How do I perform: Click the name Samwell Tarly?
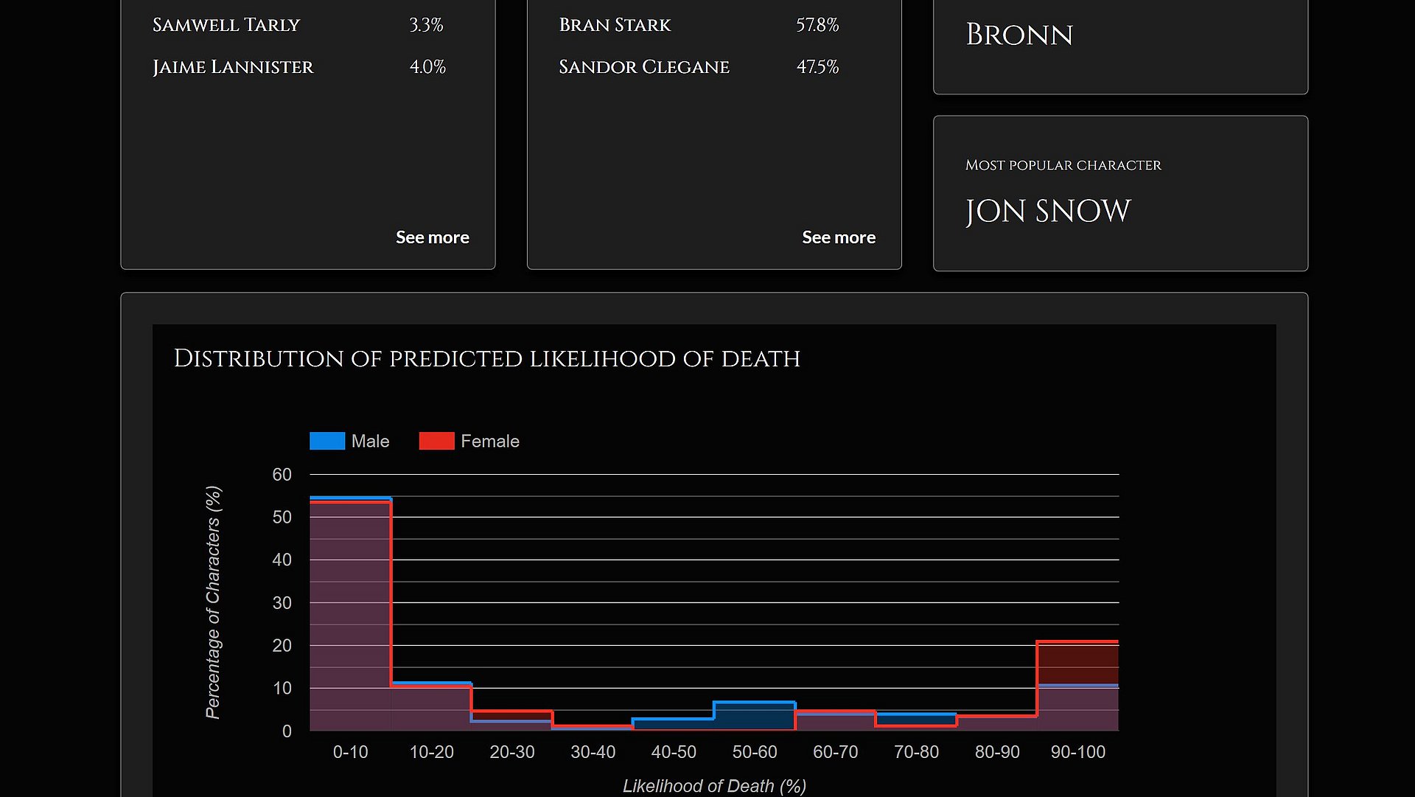(x=226, y=25)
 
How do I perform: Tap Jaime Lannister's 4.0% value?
(x=427, y=67)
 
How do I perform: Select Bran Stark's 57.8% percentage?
(x=817, y=25)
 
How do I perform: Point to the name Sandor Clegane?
(x=643, y=67)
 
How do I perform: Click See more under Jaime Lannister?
(x=432, y=237)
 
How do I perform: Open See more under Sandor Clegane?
(x=838, y=237)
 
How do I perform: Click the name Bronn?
(x=1019, y=35)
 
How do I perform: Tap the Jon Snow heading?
(x=1047, y=212)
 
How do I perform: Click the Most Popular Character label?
(x=1063, y=165)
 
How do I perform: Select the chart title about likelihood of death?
(x=486, y=359)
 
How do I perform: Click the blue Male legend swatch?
(x=327, y=441)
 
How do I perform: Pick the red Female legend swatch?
(x=436, y=441)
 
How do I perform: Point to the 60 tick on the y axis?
(x=282, y=475)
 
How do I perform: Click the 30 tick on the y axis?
(x=282, y=603)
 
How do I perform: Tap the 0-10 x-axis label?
(x=350, y=752)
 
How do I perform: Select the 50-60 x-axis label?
(x=754, y=752)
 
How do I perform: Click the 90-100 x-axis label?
(x=1077, y=752)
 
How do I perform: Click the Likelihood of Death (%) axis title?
(x=713, y=786)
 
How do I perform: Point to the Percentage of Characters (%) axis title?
(x=213, y=602)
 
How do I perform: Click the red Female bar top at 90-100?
(x=1077, y=642)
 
